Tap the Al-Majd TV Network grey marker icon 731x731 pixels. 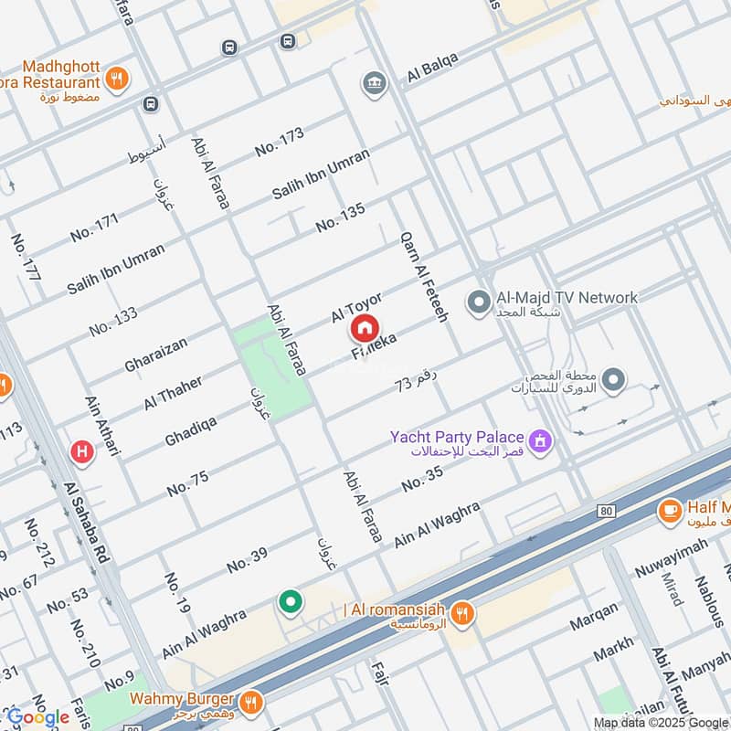click(477, 300)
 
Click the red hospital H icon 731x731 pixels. click(82, 450)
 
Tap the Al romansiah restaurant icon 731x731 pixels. click(463, 612)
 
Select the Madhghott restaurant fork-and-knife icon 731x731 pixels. click(116, 79)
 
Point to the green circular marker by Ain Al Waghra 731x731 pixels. click(291, 602)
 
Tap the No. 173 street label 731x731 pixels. click(280, 141)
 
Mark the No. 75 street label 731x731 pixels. click(188, 483)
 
